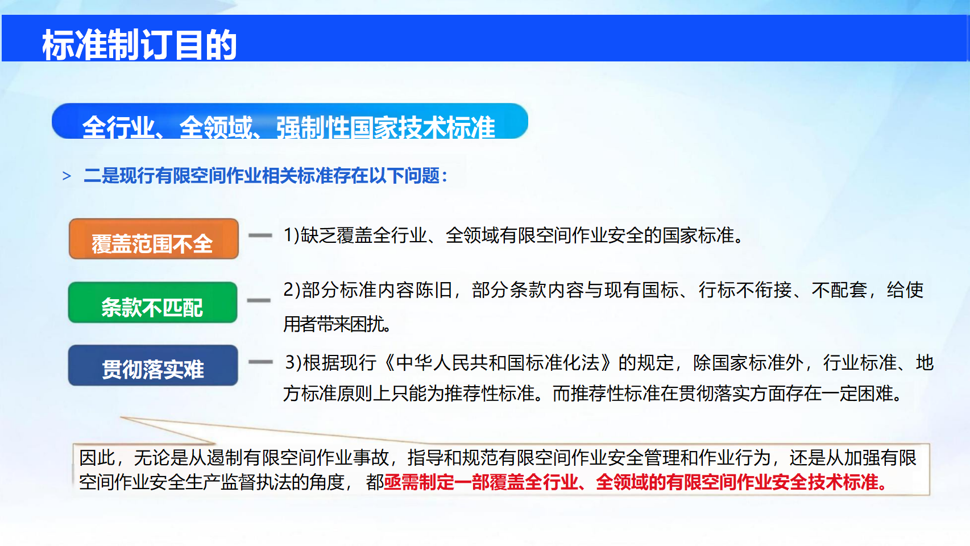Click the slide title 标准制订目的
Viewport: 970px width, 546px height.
point(139,45)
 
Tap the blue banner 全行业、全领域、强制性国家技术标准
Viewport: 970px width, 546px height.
point(290,121)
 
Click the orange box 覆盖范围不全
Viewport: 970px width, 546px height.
point(154,239)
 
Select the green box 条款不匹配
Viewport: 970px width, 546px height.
point(153,303)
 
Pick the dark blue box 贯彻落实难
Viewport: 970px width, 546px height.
point(153,365)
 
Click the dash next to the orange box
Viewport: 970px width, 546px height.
point(260,235)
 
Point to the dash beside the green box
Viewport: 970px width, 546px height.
point(259,300)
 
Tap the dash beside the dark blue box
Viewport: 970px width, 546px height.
point(260,362)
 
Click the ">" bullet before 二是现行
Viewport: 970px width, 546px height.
point(67,176)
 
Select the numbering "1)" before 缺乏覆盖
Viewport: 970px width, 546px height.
point(292,235)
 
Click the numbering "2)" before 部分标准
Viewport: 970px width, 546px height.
point(292,290)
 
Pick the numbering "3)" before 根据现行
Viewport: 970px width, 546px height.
point(293,363)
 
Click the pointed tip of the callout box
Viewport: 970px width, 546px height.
point(121,417)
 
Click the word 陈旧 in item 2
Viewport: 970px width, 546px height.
point(434,290)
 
